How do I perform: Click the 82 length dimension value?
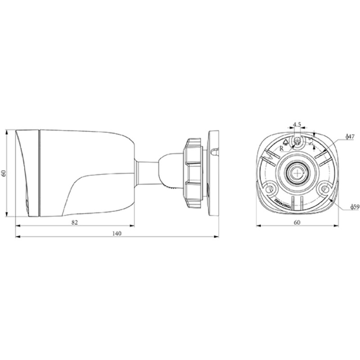(x=75, y=222)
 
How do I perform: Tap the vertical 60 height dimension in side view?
(x=4, y=173)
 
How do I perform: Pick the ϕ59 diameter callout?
(x=354, y=207)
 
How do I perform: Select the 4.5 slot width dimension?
(x=297, y=124)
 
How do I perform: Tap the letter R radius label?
(x=282, y=147)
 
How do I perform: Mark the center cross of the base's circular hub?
(x=297, y=171)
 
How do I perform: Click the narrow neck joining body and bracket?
(x=147, y=173)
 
